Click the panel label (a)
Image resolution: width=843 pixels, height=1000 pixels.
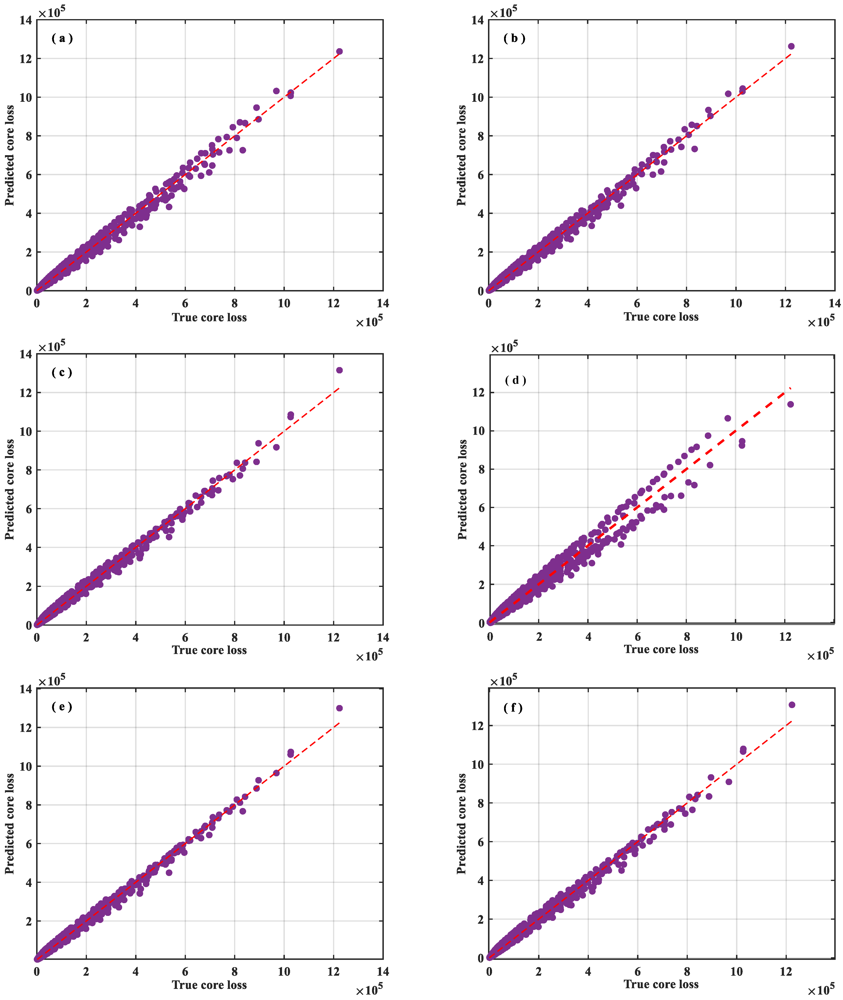(62, 38)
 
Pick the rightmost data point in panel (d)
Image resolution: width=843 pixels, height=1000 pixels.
(790, 404)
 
